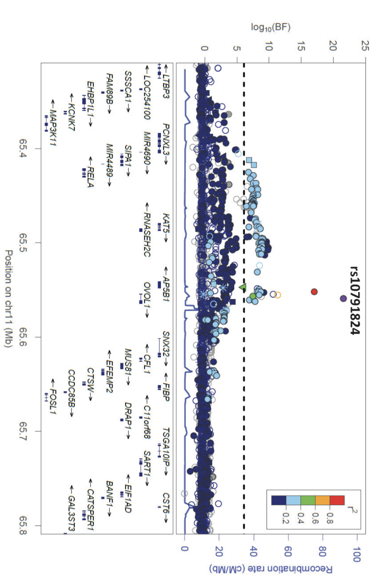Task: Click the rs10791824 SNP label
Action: coord(355,300)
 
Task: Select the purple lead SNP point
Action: coord(343,298)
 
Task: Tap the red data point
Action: coord(314,291)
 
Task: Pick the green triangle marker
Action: coord(242,287)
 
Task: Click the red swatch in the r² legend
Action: coord(337,500)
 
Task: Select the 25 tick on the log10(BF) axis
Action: coord(365,46)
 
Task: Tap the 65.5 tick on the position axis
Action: coord(24,243)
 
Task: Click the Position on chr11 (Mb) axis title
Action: coord(8,299)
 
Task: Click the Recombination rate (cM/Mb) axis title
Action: coord(271,569)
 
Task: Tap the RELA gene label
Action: coord(90,172)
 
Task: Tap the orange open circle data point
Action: coord(278,295)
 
